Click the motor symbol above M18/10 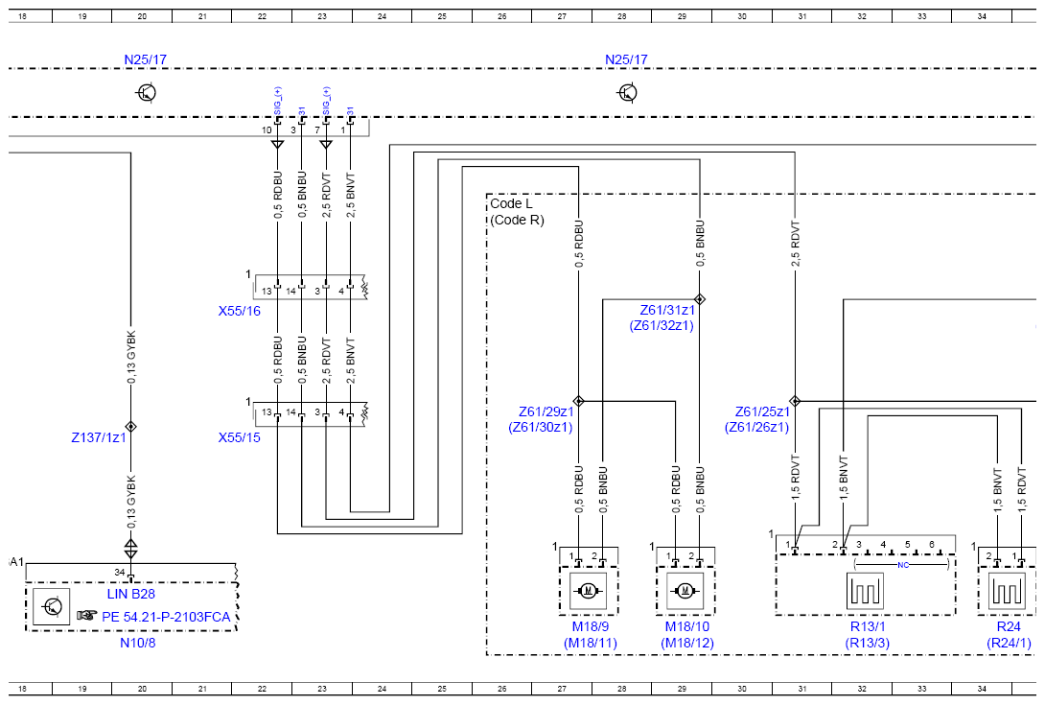tap(685, 590)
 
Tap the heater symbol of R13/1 tap(865, 591)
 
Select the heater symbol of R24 tap(1007, 591)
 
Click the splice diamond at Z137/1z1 tap(130, 427)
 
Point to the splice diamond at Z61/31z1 tap(700, 299)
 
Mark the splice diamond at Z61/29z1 tap(578, 402)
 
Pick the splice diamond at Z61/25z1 tap(795, 402)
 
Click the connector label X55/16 tap(240, 311)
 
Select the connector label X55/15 tap(240, 437)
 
